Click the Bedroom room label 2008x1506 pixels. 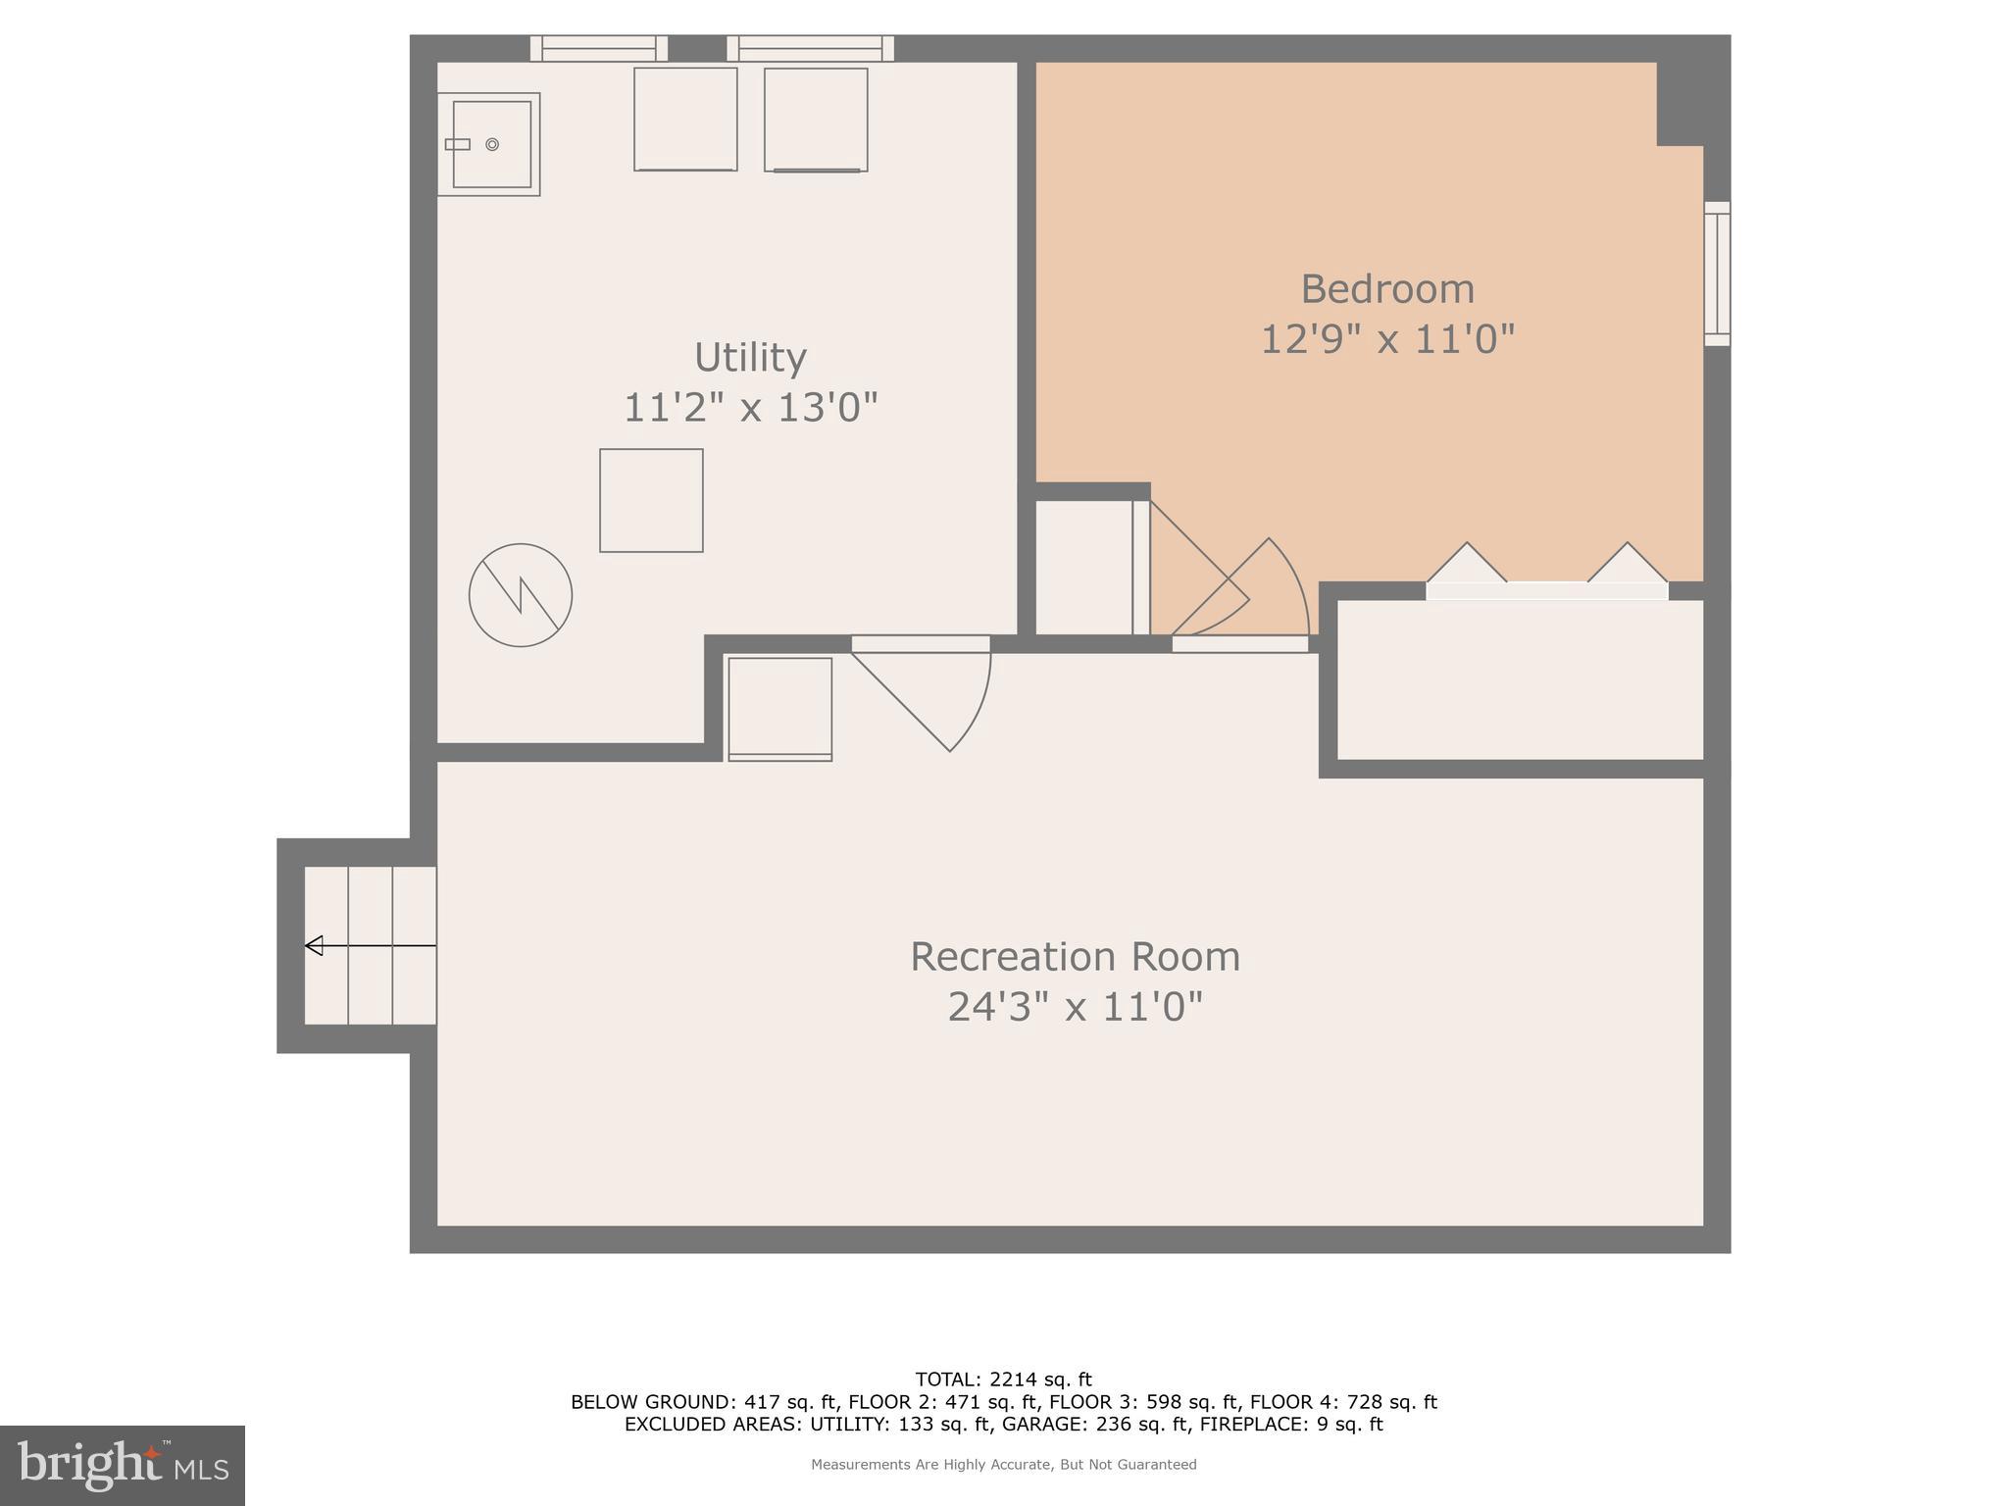[1386, 289]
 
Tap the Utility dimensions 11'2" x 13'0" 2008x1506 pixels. [750, 407]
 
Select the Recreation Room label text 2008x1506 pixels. [1075, 957]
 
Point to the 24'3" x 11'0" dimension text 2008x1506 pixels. [1075, 1007]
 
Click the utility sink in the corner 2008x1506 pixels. [488, 144]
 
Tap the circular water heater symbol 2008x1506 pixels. [521, 595]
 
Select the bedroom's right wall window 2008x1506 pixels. [1716, 274]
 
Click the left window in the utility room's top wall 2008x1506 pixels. [599, 48]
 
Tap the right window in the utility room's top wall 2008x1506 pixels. [810, 48]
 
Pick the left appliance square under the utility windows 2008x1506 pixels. [685, 119]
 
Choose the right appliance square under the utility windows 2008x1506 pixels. [816, 120]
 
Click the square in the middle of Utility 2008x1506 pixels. [651, 501]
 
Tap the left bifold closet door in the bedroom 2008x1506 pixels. [1467, 566]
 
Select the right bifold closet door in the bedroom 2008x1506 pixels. [1628, 566]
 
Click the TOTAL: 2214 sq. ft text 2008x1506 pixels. [1003, 1380]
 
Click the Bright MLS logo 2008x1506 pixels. [122, 1465]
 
